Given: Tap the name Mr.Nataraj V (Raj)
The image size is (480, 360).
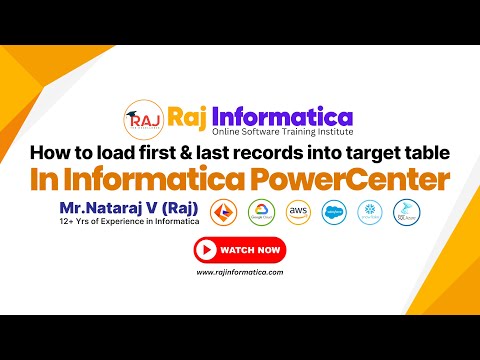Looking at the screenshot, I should coord(131,207).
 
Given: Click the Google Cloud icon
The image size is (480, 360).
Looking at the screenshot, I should coord(261,215).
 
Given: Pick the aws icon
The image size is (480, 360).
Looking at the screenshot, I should coord(297,215).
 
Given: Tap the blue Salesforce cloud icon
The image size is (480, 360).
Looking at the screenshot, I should coord(334,215).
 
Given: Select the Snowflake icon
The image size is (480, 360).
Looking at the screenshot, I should coord(370,215).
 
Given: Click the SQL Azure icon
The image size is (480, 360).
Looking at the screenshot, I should coord(406,215).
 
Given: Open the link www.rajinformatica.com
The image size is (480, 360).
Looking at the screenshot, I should coord(239,272).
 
